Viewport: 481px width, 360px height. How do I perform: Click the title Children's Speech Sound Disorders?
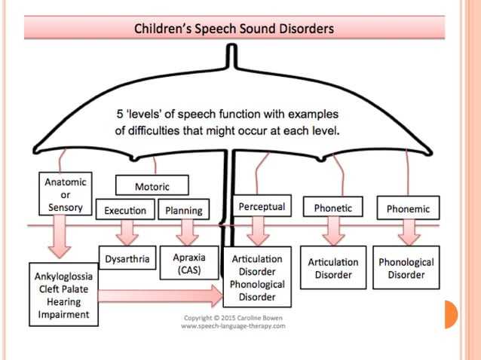pos(234,29)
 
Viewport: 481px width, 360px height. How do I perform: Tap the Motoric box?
pos(152,185)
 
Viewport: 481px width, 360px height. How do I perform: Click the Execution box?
pos(126,210)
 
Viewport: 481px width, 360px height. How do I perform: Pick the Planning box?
pos(182,210)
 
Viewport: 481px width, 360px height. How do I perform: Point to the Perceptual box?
pos(262,206)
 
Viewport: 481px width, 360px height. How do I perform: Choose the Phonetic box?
pos(332,207)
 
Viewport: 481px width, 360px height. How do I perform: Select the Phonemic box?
pos(408,207)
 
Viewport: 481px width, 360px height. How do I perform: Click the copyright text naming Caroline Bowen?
pos(232,318)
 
